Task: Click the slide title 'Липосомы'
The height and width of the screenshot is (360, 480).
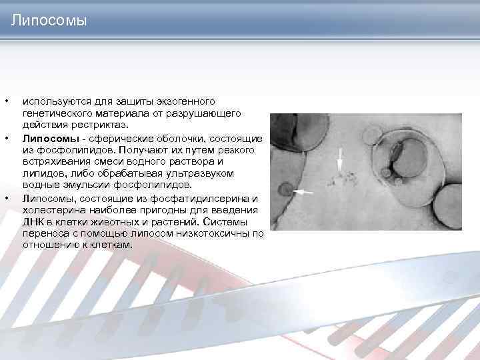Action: pos(49,22)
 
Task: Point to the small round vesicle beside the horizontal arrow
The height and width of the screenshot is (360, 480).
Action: pos(285,191)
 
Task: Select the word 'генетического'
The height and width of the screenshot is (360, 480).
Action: pos(55,113)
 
